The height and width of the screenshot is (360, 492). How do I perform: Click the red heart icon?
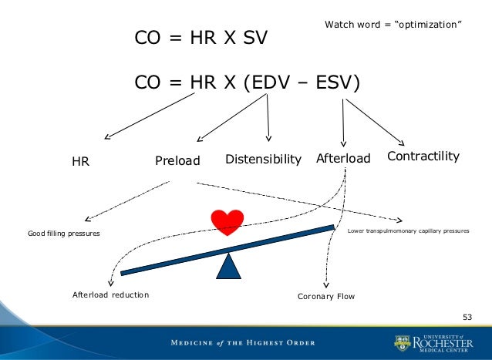point(227,222)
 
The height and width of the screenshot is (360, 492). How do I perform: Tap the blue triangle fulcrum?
point(227,266)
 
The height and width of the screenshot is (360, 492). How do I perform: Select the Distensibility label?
point(262,160)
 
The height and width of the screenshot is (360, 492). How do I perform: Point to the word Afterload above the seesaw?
point(343,159)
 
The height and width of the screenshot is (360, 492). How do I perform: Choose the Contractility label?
point(423,156)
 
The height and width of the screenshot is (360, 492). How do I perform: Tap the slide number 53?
point(467,317)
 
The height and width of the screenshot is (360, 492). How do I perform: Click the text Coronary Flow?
point(326,295)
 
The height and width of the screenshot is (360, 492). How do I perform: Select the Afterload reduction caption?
point(110,294)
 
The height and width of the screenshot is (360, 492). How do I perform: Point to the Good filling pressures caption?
point(63,233)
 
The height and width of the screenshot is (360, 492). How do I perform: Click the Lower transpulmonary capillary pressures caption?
point(409,230)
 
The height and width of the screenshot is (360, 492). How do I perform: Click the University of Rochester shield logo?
point(403,341)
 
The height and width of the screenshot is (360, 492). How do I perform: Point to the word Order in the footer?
point(312,341)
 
